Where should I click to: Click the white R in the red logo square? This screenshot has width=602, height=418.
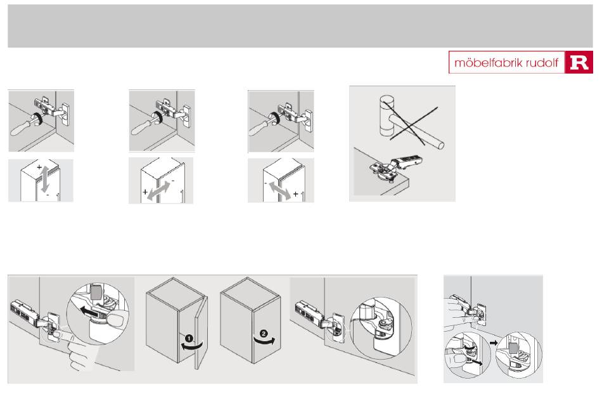579,63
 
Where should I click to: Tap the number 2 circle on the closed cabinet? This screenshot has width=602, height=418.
264,334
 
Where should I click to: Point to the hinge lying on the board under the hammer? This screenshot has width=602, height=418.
395,168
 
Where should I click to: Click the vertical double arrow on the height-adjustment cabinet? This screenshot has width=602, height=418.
45,180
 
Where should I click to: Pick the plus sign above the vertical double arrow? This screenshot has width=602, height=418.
39,167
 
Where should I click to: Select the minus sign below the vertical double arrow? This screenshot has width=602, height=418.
48,195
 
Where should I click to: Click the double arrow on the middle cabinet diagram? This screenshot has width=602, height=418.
158,190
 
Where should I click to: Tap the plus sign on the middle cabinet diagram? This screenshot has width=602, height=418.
145,192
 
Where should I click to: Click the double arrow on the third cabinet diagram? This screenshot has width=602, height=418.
280,191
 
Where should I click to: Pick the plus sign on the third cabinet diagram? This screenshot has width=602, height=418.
296,194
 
